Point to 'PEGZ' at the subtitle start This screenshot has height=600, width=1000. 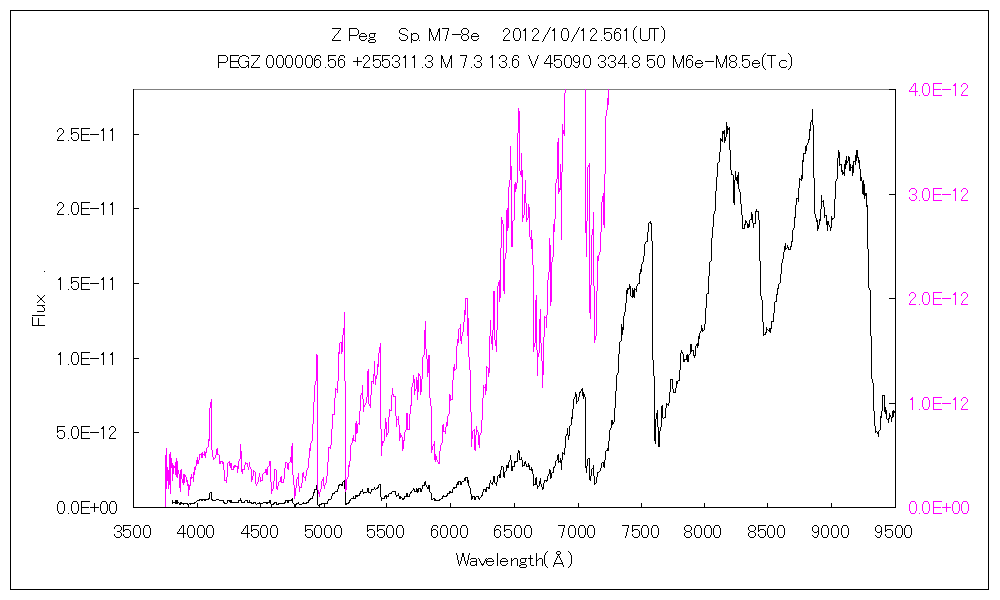[x=239, y=62]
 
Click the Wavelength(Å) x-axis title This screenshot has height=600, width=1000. [x=514, y=560]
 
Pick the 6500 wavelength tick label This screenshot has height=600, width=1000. [x=513, y=531]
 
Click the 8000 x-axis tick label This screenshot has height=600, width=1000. [x=703, y=531]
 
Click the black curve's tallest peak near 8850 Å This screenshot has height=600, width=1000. [x=812, y=111]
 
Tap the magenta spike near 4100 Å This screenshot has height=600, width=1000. [x=211, y=401]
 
